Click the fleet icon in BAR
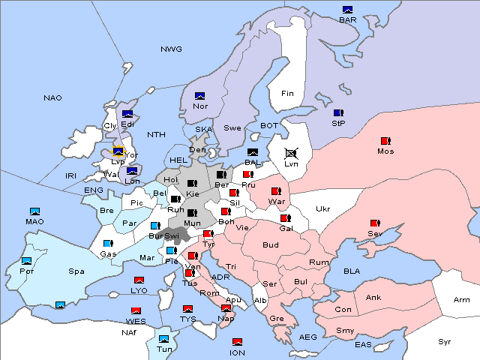point(347,10)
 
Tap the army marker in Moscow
point(385,141)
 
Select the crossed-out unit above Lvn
point(291,152)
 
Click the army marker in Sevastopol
point(374,223)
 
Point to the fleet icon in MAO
point(34,211)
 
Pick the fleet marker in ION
point(237,342)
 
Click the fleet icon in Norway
point(199,96)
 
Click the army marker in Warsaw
point(276,191)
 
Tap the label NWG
point(171,49)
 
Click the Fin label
point(287,94)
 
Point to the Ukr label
point(322,209)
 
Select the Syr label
point(445,341)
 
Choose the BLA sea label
point(352,271)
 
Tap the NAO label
point(52,98)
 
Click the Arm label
point(462,300)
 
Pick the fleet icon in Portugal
point(27,261)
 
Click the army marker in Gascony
point(108,244)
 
